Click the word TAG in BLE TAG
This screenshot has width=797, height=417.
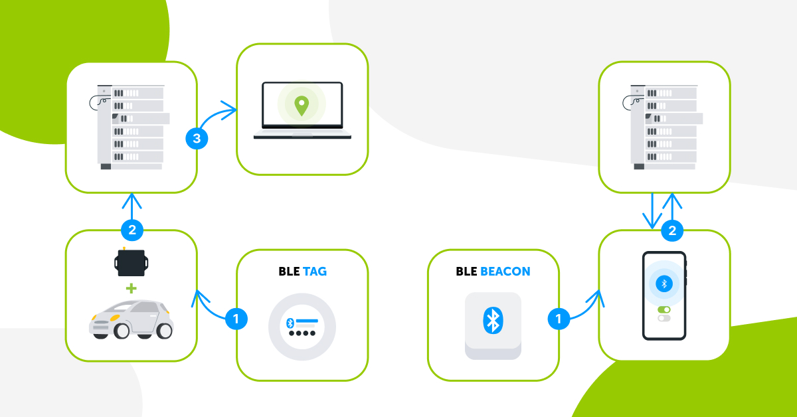(x=315, y=272)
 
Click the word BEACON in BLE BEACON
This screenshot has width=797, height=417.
(x=505, y=272)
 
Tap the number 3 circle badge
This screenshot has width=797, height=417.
(x=196, y=139)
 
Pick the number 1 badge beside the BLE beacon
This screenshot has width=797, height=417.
(x=558, y=319)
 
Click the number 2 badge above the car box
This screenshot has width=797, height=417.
(x=132, y=230)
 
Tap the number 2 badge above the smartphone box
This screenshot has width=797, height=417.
(x=672, y=230)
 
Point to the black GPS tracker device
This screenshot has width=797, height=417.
(x=131, y=264)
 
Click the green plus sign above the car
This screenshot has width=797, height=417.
(x=131, y=289)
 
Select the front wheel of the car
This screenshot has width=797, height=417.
(x=121, y=329)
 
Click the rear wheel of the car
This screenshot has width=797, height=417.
(x=163, y=329)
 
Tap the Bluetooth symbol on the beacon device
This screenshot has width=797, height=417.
(x=492, y=320)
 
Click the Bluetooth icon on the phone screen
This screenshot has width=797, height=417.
(x=663, y=284)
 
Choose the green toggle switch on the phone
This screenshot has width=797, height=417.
(x=664, y=309)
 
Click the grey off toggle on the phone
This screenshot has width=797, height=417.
(x=664, y=318)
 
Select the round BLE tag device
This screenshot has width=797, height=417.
(x=302, y=327)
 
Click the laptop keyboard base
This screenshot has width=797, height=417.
(x=302, y=135)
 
